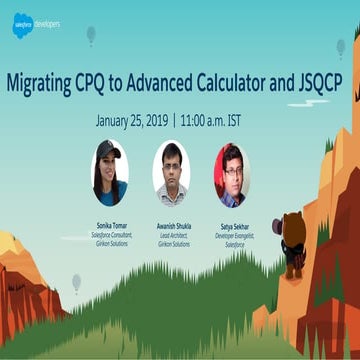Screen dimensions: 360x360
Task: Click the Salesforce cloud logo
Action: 22,24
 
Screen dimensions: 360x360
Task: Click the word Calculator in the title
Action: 222,83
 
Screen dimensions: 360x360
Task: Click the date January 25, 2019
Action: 131,119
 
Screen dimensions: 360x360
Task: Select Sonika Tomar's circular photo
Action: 109,173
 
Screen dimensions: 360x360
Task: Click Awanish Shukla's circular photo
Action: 171,173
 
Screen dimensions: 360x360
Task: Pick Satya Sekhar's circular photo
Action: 232,173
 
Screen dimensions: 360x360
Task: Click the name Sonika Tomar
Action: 109,227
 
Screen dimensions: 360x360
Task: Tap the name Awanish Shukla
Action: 172,227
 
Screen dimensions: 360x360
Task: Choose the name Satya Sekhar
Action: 234,227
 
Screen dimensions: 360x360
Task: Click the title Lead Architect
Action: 172,236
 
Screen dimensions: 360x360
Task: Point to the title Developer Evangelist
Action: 234,236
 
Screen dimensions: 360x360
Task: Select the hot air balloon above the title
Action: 91,35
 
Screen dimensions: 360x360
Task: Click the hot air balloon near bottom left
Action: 77,282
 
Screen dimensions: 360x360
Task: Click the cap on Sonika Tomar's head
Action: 107,151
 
